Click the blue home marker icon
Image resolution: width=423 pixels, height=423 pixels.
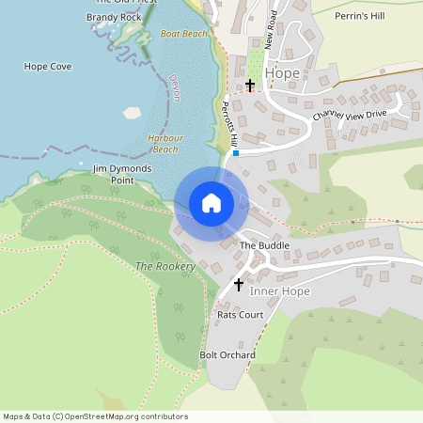tap(211, 203)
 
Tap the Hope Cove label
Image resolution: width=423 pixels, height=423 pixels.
tap(47, 67)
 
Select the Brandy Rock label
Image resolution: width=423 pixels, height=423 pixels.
tap(113, 17)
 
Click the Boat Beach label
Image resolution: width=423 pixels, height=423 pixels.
tap(184, 34)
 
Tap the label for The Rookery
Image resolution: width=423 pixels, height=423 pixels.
tap(164, 267)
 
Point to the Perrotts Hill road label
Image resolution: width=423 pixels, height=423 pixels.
tap(228, 125)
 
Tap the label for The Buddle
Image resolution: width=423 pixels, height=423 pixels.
tap(264, 245)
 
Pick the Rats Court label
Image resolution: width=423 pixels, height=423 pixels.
tap(240, 315)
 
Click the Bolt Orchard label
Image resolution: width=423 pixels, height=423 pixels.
tap(227, 355)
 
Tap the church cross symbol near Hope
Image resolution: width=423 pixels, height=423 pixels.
tap(250, 86)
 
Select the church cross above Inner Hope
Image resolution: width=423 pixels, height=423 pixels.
tap(239, 284)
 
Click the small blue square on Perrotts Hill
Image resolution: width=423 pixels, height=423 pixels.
tap(236, 153)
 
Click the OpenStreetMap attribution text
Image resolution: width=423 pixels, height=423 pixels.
tap(95, 416)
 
